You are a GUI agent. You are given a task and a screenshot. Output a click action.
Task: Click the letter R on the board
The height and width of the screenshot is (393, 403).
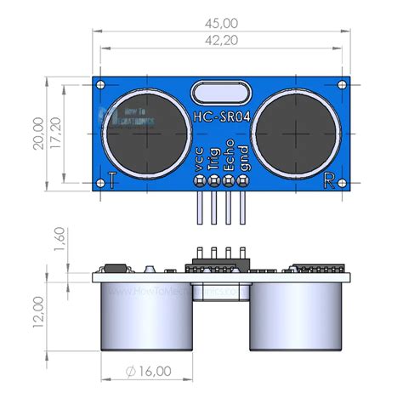[x=330, y=179]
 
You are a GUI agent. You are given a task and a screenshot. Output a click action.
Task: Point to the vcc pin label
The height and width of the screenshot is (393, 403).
[x=198, y=162]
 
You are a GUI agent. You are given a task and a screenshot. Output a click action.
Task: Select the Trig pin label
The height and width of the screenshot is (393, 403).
[x=213, y=159]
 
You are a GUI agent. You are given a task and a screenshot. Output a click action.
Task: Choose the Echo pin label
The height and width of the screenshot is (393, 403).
[x=228, y=157]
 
